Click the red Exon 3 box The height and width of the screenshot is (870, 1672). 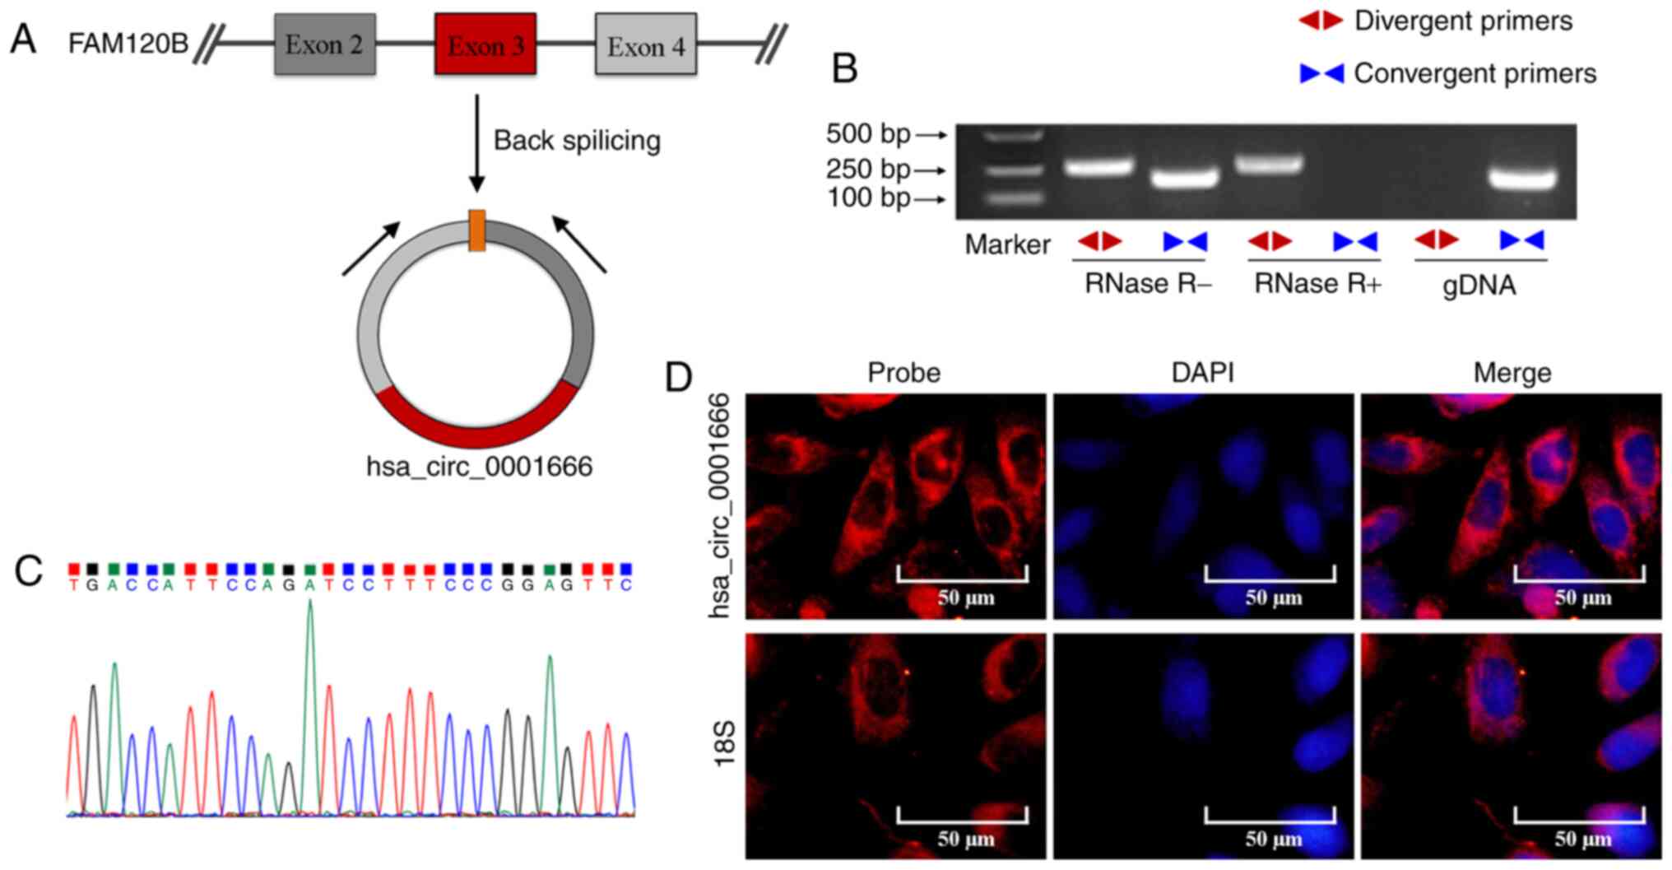(485, 44)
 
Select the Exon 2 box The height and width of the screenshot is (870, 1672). (325, 44)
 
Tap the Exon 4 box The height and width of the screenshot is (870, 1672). (646, 46)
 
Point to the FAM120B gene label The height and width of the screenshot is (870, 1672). (128, 43)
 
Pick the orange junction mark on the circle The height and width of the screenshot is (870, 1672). (476, 230)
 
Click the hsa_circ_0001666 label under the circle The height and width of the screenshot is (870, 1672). (479, 467)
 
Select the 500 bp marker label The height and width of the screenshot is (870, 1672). (868, 133)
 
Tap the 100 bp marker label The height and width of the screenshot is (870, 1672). (868, 198)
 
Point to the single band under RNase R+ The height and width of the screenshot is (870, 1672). (1269, 165)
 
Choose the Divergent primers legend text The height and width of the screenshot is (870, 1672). (1463, 21)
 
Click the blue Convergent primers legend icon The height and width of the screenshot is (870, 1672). (1321, 74)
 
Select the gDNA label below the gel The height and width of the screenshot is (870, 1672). (1479, 285)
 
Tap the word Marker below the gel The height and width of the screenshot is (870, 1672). (1007, 244)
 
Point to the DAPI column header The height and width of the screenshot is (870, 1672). (1202, 373)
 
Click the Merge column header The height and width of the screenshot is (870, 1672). (1512, 373)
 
